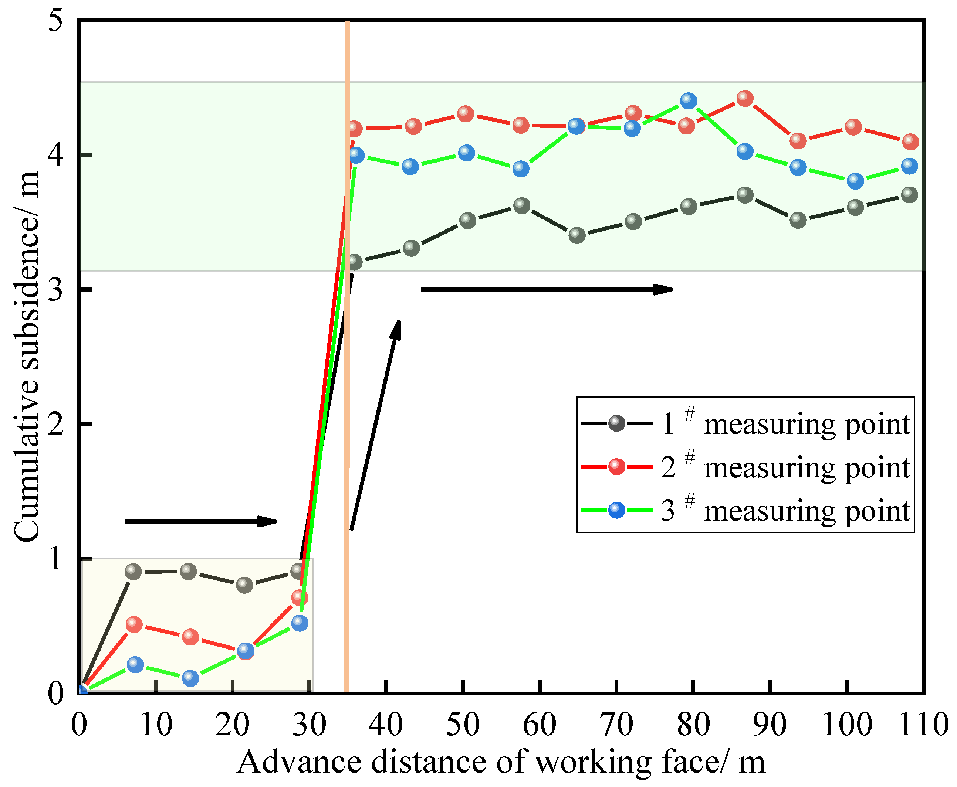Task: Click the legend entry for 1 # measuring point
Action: click(744, 423)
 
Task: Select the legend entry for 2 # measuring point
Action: click(744, 467)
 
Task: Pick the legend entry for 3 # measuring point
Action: click(744, 510)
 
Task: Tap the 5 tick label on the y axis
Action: click(55, 20)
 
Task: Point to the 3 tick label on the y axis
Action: click(55, 289)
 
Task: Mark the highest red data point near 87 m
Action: click(745, 98)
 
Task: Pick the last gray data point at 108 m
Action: click(909, 195)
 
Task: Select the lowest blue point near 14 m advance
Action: click(190, 678)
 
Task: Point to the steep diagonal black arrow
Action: click(375, 424)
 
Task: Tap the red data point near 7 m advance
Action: click(134, 624)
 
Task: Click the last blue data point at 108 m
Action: click(909, 166)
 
